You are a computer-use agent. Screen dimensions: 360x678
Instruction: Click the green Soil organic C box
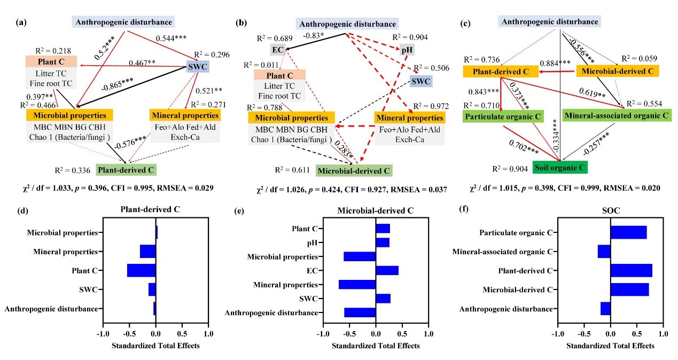(x=560, y=167)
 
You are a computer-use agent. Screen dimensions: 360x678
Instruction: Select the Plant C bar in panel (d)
(x=142, y=270)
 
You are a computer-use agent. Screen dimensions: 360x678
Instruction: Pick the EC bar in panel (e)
(x=387, y=270)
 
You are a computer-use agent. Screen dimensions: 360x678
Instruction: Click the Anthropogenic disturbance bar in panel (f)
(x=605, y=309)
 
